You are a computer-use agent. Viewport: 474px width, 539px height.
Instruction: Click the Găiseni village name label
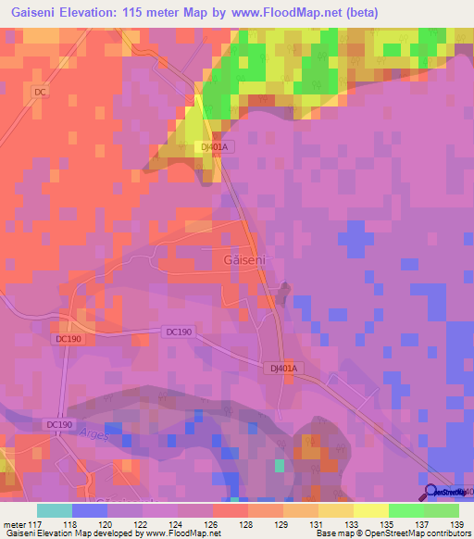tap(245, 261)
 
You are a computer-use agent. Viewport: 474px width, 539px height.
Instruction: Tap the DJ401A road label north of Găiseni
tap(213, 147)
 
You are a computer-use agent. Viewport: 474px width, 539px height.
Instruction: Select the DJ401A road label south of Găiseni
tap(285, 369)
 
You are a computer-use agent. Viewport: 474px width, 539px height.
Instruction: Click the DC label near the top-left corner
tap(39, 92)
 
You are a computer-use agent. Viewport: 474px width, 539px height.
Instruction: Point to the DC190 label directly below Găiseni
tap(181, 332)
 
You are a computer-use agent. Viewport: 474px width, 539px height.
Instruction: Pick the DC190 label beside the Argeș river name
tap(58, 424)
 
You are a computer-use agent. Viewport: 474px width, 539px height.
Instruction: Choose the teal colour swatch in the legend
tap(55, 510)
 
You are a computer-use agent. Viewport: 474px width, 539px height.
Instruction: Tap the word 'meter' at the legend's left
tap(15, 523)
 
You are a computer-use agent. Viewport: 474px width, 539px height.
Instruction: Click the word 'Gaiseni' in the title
tap(33, 14)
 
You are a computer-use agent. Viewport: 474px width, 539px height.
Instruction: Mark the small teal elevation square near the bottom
tap(280, 465)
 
